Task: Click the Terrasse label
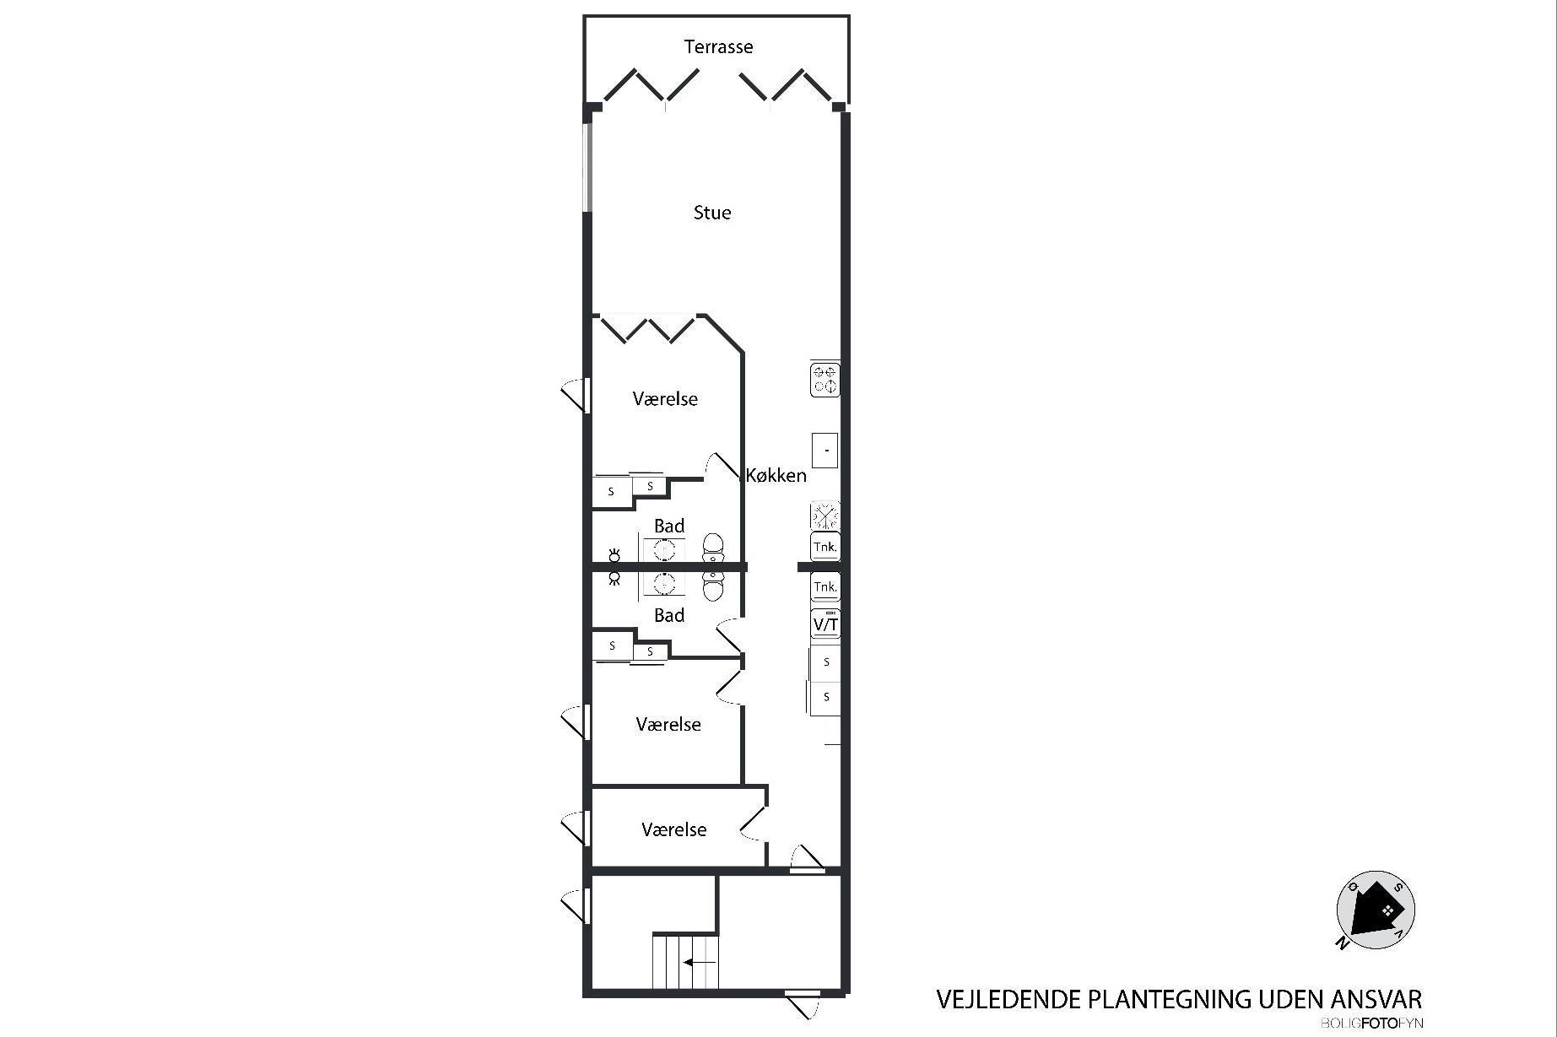point(718,46)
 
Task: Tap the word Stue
point(712,213)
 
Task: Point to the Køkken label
point(776,475)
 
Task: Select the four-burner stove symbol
point(825,380)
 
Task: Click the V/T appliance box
point(825,624)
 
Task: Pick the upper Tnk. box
point(825,546)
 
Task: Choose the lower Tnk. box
point(825,586)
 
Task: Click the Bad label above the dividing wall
point(669,527)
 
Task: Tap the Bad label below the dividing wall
point(669,615)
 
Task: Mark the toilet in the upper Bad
point(714,548)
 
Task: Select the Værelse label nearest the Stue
point(665,398)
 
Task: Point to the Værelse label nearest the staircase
point(673,829)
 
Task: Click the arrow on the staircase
point(700,962)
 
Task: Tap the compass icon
point(1376,910)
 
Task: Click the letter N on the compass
point(1341,942)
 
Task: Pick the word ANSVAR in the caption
point(1377,1000)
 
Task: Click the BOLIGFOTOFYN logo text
point(1372,1023)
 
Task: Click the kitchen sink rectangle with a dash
point(825,451)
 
